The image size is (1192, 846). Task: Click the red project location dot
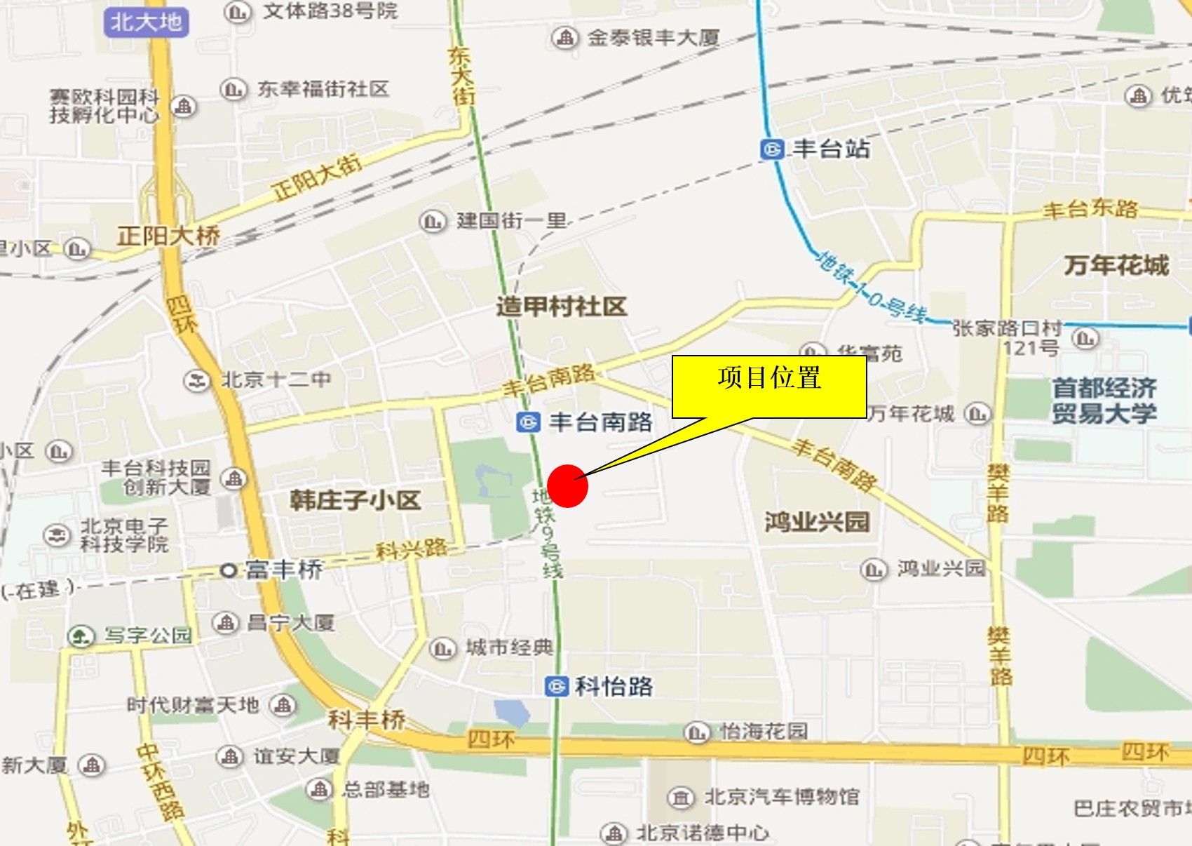pos(567,485)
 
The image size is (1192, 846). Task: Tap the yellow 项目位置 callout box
pos(769,387)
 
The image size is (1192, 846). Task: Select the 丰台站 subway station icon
pos(772,149)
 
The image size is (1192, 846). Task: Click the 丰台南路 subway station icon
pos(528,422)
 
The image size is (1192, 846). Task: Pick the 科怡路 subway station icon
pos(556,686)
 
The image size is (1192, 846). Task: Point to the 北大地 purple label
pos(146,22)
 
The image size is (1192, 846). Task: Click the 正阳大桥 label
pos(168,236)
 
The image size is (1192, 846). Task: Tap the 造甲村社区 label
pos(561,307)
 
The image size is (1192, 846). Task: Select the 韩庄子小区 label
pos(355,500)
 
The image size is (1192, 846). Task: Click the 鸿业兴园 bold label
pos(817,522)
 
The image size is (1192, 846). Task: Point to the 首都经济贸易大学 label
pos(1104,401)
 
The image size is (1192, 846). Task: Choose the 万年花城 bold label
pos(1116,265)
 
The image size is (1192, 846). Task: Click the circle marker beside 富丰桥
pos(228,570)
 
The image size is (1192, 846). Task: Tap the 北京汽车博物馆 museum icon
pos(680,798)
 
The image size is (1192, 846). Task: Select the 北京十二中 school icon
pos(197,381)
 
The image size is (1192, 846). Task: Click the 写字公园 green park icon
pos(81,636)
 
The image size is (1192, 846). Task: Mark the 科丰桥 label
pos(367,719)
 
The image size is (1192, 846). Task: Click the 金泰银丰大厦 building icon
pos(565,38)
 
